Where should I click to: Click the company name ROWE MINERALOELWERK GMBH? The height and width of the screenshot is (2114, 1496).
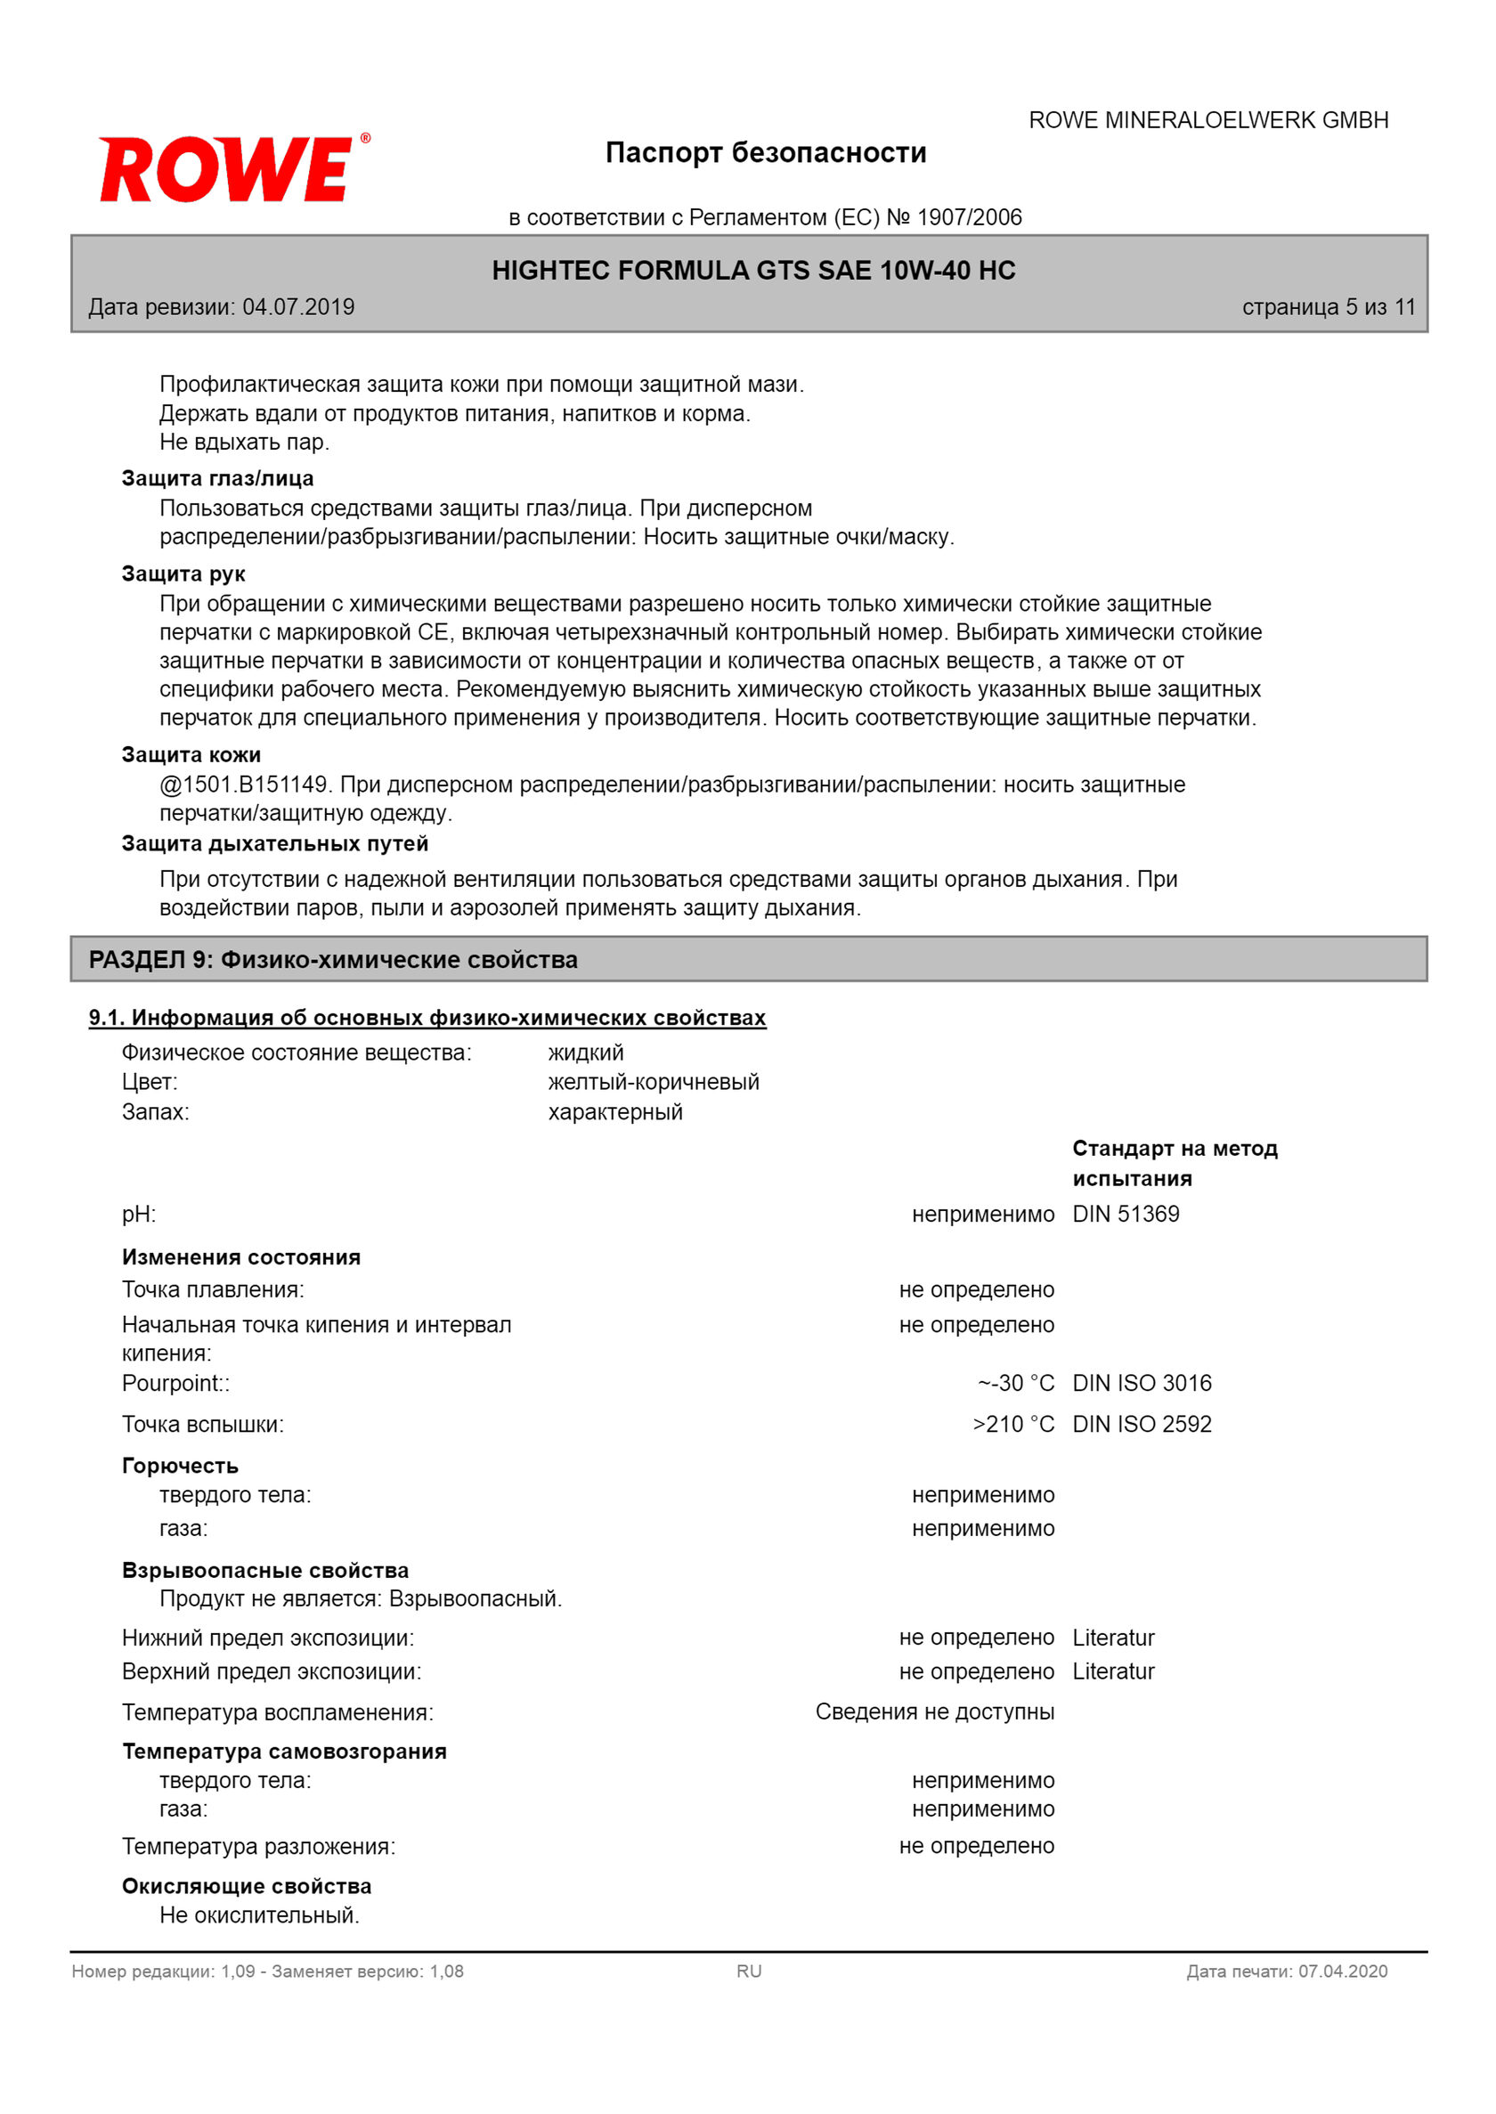tap(1207, 121)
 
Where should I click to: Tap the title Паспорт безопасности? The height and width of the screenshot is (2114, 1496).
tap(766, 153)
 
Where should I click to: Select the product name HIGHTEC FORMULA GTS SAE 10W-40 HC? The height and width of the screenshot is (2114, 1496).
tap(753, 271)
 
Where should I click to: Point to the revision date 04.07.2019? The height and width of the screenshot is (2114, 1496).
tap(298, 307)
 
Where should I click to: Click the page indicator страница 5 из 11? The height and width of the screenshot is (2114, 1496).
tap(1329, 307)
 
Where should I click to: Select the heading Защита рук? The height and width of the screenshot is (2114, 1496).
tap(183, 573)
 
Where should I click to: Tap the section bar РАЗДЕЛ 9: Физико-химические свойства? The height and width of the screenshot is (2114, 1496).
tap(333, 960)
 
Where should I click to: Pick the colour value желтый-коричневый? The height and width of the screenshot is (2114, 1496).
tap(653, 1081)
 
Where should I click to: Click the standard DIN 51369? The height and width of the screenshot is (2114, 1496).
tap(1126, 1214)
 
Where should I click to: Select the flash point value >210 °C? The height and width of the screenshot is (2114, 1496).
tap(1013, 1424)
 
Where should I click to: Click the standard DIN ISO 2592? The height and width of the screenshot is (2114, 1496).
tap(1142, 1424)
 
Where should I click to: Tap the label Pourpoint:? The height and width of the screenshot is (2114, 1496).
tap(176, 1383)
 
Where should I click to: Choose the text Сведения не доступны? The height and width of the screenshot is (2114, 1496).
tap(934, 1712)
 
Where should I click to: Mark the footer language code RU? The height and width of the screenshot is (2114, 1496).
tap(749, 1972)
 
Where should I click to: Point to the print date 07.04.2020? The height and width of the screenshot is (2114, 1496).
tap(1342, 1972)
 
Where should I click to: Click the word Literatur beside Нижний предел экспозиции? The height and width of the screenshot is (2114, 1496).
tap(1113, 1638)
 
